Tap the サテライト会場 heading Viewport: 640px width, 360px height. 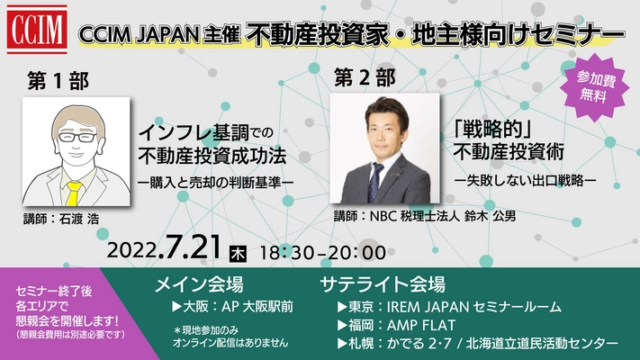tap(382, 285)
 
